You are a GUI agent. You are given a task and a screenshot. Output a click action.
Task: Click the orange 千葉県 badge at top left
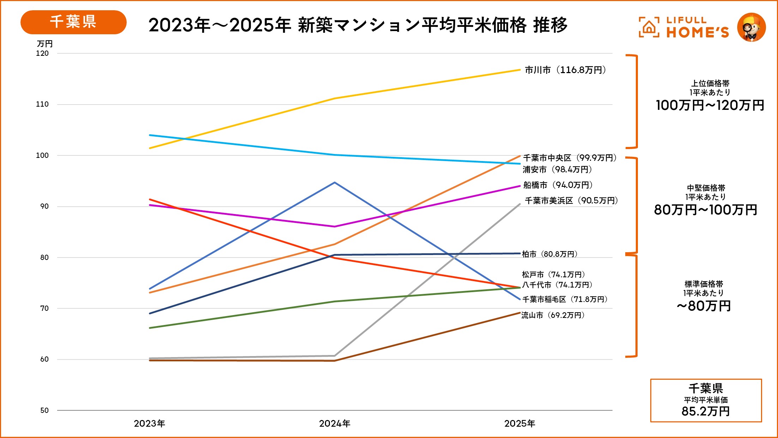(73, 22)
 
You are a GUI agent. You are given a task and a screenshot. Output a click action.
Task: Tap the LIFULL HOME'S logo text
(697, 28)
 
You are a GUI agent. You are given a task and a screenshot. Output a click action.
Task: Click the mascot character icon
(751, 28)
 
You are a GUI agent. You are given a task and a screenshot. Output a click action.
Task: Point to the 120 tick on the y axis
(42, 53)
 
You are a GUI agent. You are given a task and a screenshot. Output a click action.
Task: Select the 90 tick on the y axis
(44, 206)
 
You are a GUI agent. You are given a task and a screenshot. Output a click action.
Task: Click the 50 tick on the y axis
(44, 410)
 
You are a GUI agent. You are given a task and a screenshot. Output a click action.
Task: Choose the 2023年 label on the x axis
(149, 424)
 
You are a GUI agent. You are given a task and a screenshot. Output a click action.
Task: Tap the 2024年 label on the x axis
(334, 424)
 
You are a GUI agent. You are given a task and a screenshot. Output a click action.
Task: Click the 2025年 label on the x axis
(519, 424)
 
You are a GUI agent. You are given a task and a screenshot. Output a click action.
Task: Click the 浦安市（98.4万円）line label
(557, 170)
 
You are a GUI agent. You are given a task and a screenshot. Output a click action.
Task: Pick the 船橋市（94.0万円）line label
(558, 185)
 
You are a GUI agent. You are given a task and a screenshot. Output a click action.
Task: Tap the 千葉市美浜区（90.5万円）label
(571, 201)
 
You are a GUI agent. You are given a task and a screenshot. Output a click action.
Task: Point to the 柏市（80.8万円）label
(549, 254)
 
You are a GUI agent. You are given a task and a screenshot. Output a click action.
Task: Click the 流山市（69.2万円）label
(553, 315)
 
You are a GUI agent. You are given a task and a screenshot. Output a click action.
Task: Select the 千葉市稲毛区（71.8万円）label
(565, 300)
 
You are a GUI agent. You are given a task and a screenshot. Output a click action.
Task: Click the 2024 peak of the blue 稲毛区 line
(334, 183)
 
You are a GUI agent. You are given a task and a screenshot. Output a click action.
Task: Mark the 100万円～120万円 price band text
(710, 105)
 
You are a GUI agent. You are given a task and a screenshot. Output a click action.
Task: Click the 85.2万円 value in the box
(706, 411)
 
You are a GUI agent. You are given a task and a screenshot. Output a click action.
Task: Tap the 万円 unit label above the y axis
(44, 44)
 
